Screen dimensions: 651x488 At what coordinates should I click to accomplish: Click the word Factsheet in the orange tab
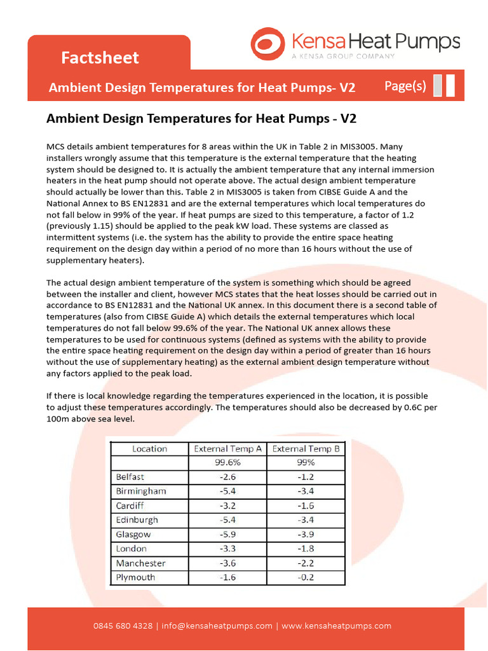(100, 58)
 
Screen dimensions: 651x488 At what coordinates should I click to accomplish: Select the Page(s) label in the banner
(405, 86)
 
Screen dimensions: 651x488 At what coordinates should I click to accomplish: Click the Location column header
(149, 449)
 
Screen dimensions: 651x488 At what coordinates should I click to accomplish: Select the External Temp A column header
(227, 449)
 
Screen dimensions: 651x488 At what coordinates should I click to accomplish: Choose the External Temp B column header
(306, 449)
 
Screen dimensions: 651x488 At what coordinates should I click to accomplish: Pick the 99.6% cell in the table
(227, 463)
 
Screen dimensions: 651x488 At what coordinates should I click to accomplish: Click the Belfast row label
(130, 477)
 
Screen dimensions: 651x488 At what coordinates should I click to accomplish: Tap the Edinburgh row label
(137, 520)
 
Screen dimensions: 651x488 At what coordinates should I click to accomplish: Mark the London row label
(131, 549)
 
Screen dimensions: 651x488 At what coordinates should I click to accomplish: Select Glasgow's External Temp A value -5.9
(227, 535)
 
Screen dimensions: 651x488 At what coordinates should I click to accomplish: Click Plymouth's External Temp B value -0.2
(306, 577)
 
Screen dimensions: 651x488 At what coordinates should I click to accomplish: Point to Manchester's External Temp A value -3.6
(227, 563)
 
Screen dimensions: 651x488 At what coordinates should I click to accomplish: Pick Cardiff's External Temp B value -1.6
(306, 506)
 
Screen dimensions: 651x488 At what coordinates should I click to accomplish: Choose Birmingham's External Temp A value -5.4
(227, 491)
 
